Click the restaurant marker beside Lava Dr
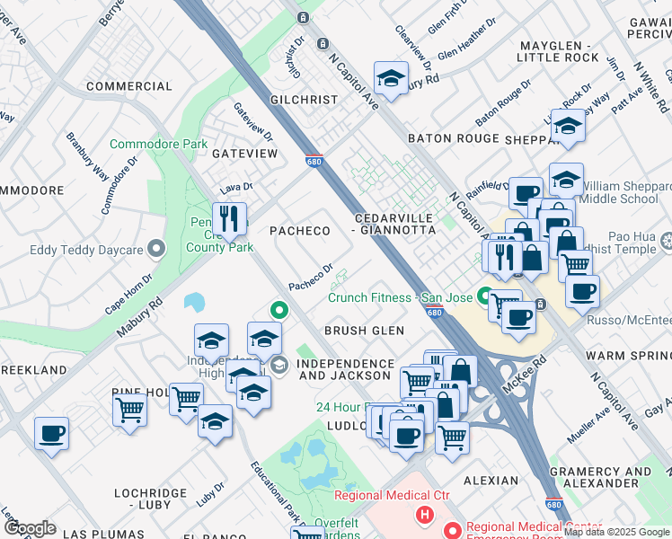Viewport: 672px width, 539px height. (230, 218)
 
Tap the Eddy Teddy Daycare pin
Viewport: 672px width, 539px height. (157, 249)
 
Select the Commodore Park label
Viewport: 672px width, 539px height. (158, 144)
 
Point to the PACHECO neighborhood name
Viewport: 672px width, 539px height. (300, 231)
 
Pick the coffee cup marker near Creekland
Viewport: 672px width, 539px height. (51, 434)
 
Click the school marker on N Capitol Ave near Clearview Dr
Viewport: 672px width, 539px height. (391, 78)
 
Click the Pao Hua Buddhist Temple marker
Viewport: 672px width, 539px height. (667, 240)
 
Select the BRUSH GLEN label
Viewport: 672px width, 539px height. (364, 331)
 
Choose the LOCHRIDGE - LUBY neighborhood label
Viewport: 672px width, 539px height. (163, 494)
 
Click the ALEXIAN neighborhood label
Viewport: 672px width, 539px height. (491, 482)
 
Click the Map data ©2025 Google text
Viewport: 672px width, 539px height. (615, 532)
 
